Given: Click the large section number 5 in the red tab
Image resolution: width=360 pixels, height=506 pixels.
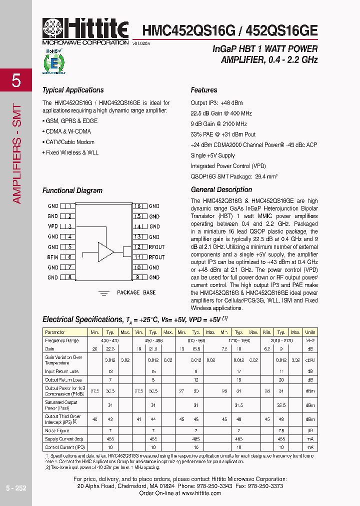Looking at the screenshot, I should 16,80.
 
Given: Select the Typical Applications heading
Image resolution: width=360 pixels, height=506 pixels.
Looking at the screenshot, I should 73,90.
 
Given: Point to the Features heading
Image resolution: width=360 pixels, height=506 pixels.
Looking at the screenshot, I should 204,90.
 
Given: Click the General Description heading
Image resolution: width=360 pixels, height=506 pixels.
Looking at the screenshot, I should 221,190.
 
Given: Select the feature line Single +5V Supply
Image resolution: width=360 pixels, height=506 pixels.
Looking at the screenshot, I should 212,155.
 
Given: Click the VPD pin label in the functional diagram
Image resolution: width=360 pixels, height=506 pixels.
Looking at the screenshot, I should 52,226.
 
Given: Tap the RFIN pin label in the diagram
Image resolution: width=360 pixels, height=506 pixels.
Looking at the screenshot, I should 52,257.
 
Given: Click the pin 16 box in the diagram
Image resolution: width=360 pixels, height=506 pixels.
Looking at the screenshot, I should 138,206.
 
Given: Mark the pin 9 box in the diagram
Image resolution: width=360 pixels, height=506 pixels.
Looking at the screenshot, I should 138,277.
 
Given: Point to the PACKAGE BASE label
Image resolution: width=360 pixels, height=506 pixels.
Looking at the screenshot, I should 136,292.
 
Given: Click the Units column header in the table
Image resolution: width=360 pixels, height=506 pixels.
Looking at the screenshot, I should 310,332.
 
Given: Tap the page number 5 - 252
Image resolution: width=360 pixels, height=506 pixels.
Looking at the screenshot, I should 16,488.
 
